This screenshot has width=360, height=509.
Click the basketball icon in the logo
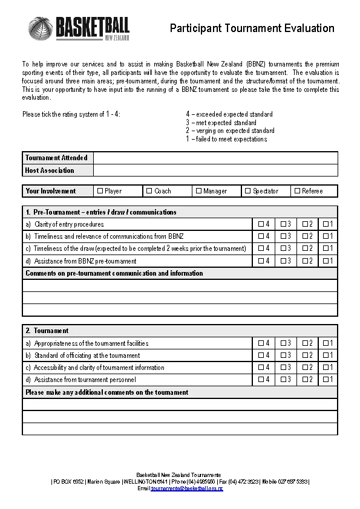pyautogui.click(x=41, y=28)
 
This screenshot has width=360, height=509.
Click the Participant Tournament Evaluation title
pyautogui.click(x=252, y=28)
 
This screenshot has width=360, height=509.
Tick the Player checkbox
pyautogui.click(x=100, y=191)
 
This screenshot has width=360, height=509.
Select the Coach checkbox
pyautogui.click(x=149, y=191)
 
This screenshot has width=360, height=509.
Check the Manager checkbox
pyautogui.click(x=198, y=191)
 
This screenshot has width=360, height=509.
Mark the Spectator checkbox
pyautogui.click(x=247, y=191)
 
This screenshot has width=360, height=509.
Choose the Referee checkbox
pyautogui.click(x=297, y=191)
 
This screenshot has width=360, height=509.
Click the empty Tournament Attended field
pyautogui.click(x=215, y=158)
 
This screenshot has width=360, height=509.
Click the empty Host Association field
pyautogui.click(x=215, y=170)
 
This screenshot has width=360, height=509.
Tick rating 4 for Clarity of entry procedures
pyautogui.click(x=261, y=224)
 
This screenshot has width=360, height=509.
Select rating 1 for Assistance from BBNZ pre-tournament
pyautogui.click(x=326, y=261)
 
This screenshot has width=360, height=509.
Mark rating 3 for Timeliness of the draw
pyautogui.click(x=283, y=248)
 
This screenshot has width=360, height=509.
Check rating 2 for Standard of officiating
pyautogui.click(x=305, y=355)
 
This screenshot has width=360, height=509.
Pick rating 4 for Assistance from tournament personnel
pyautogui.click(x=261, y=380)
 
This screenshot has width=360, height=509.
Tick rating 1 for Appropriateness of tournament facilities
pyautogui.click(x=326, y=343)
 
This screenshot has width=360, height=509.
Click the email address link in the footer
pyautogui.click(x=187, y=488)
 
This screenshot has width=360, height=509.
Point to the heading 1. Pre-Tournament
pyautogui.click(x=101, y=212)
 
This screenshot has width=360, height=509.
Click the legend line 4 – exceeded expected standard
pyautogui.click(x=229, y=114)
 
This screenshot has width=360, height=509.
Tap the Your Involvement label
pyautogui.click(x=51, y=191)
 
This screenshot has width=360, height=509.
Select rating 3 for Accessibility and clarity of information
pyautogui.click(x=283, y=368)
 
